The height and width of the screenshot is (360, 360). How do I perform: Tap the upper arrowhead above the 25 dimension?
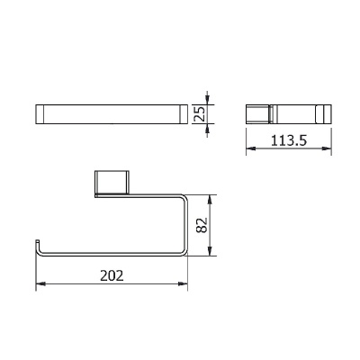pos(208,98)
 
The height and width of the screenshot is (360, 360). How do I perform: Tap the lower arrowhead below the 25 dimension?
pos(208,130)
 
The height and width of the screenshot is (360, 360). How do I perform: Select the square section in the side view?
pos(260,114)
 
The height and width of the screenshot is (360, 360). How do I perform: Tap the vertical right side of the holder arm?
pos(184,225)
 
